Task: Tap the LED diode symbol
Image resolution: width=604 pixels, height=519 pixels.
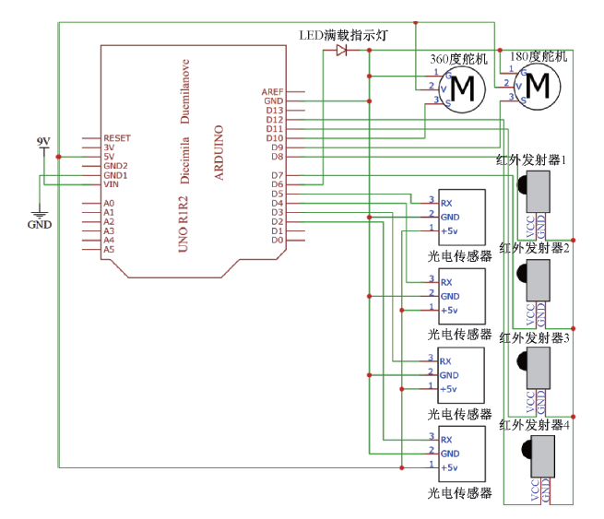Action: pyautogui.click(x=342, y=50)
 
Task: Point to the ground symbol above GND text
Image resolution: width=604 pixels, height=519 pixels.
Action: pyautogui.click(x=40, y=209)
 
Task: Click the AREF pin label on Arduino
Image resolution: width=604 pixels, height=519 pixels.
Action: pyautogui.click(x=272, y=92)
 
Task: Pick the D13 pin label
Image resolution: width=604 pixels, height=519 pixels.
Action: pyautogui.click(x=274, y=111)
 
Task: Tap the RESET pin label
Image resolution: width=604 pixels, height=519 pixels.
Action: pyautogui.click(x=117, y=138)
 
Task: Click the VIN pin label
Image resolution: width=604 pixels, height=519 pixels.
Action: pyautogui.click(x=111, y=184)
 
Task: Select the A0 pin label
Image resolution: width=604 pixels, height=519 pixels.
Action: pyautogui.click(x=109, y=203)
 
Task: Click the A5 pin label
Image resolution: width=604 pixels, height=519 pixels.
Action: pyautogui.click(x=109, y=249)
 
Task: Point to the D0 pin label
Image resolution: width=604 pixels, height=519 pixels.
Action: pyautogui.click(x=276, y=240)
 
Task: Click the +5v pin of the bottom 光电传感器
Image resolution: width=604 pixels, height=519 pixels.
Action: pyautogui.click(x=450, y=467)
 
